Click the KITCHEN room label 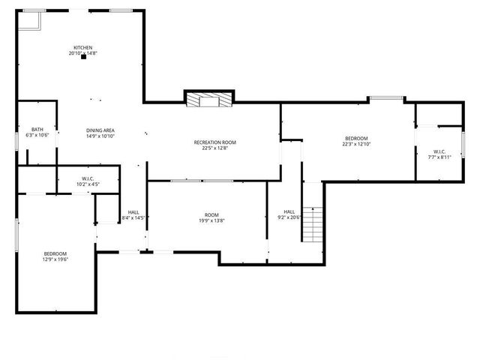tap(82, 47)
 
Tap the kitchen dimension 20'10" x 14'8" tap(82, 53)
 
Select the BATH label tap(37, 130)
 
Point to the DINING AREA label tap(100, 130)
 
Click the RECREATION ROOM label tap(214, 142)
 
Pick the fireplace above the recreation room tap(209, 99)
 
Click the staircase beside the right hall tap(313, 223)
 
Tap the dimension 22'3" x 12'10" tap(356, 144)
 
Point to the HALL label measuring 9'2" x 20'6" tap(289, 211)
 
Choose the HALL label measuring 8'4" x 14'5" tap(133, 212)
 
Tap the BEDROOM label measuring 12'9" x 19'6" tap(55, 253)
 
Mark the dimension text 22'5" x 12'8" tap(214, 148)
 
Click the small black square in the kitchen tap(83, 58)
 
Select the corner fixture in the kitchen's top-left tap(28, 21)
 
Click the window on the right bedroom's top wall tap(385, 97)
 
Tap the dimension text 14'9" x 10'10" tap(100, 136)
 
